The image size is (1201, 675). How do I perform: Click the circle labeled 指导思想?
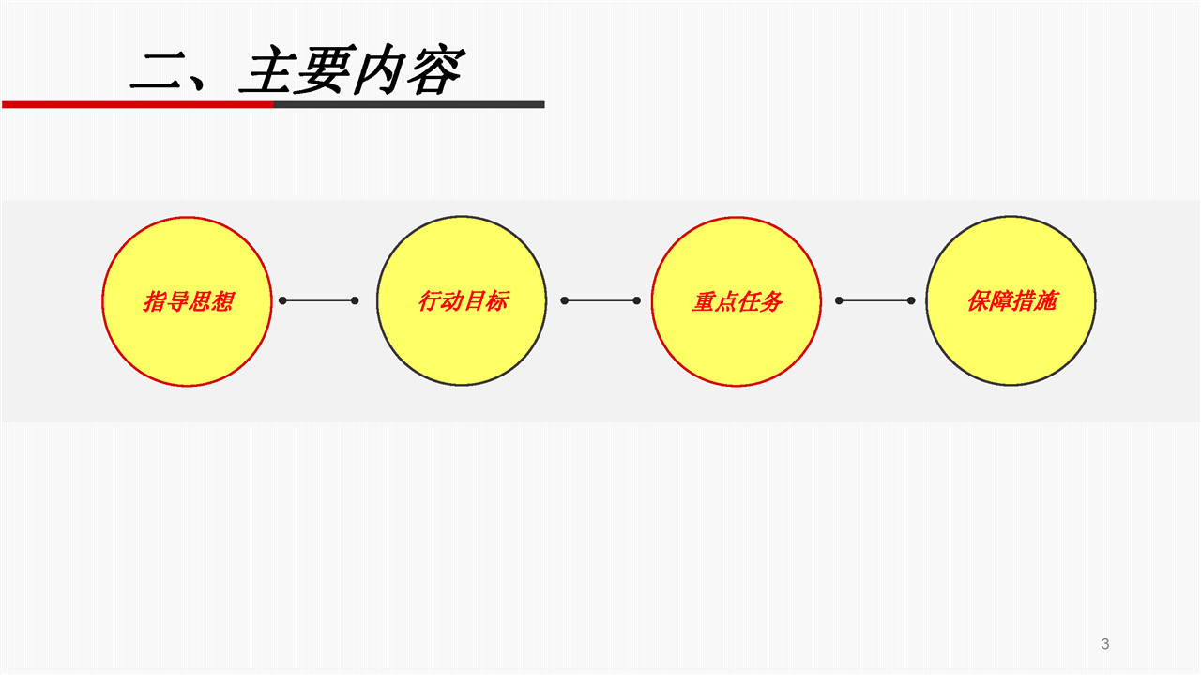pyautogui.click(x=187, y=301)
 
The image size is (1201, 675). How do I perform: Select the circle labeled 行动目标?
pyautogui.click(x=462, y=301)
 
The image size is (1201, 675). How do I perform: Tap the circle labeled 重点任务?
pyautogui.click(x=737, y=301)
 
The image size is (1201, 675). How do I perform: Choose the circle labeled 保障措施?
pyautogui.click(x=1011, y=301)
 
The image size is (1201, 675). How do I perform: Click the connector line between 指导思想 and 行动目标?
pyautogui.click(x=319, y=300)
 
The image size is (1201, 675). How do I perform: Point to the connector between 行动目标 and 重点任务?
pyautogui.click(x=600, y=300)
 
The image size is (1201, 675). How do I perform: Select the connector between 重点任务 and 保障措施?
pyautogui.click(x=875, y=300)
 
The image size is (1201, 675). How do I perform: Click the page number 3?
pyautogui.click(x=1104, y=644)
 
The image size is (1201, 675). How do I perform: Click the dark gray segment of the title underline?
pyautogui.click(x=409, y=104)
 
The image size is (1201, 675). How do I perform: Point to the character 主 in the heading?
pyautogui.click(x=266, y=71)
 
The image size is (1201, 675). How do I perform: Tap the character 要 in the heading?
pyautogui.click(x=321, y=71)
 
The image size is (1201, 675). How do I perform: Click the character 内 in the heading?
pyautogui.click(x=377, y=71)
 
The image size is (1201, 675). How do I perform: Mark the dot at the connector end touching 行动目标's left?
pyautogui.click(x=355, y=300)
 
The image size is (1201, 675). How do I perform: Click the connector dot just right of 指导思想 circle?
pyautogui.click(x=282, y=300)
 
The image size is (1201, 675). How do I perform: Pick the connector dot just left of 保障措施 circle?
pyautogui.click(x=911, y=300)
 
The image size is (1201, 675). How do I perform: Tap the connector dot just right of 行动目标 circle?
pyautogui.click(x=565, y=300)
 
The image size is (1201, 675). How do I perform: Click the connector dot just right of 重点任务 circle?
pyautogui.click(x=839, y=300)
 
